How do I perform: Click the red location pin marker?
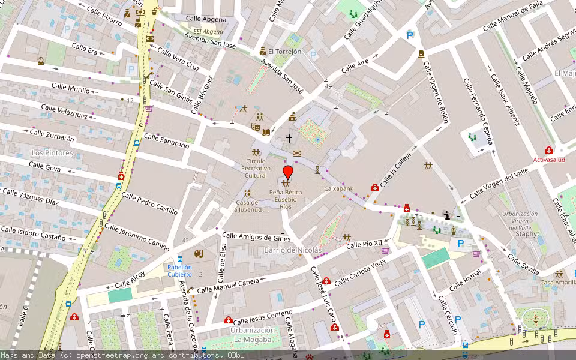tap(288, 173)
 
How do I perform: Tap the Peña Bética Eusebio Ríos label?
tap(286, 199)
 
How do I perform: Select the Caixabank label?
tap(339, 188)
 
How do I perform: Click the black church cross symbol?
tap(289, 138)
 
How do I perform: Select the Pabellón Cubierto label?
tap(179, 271)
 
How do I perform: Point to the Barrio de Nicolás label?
tap(293, 250)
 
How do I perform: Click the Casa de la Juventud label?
tap(247, 206)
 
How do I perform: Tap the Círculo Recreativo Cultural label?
tap(256, 168)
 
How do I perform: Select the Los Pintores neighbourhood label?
tap(52, 153)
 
